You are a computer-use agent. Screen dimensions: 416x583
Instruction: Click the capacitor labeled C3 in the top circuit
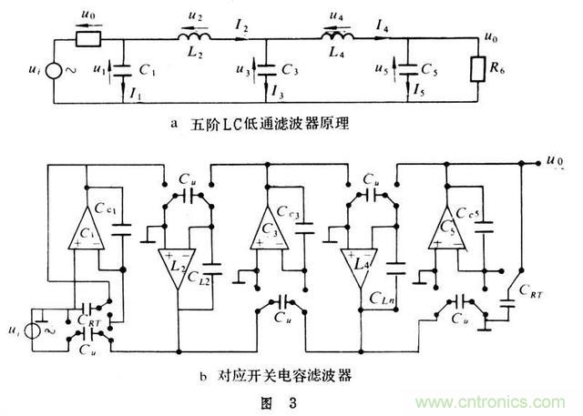tap(265, 67)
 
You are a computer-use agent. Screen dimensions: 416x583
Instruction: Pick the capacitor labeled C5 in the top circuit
tap(407, 67)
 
